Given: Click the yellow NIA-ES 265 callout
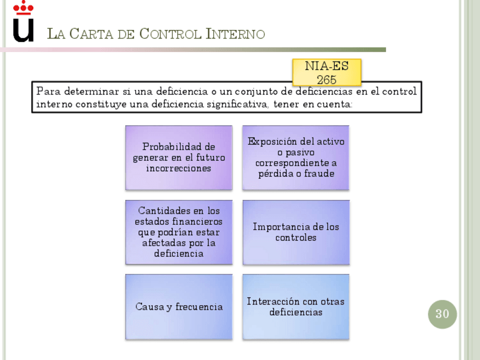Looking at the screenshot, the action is [x=327, y=72].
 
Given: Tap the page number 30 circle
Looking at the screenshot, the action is [x=442, y=314].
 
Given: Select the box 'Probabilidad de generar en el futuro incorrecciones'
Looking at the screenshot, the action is [x=179, y=157].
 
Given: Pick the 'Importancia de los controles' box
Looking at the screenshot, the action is [x=296, y=232].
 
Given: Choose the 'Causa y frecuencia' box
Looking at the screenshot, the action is [x=179, y=307].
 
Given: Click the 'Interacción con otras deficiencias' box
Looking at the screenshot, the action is [x=296, y=307].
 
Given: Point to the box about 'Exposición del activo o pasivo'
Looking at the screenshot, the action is [x=296, y=157].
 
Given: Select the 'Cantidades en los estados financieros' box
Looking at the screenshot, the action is [x=179, y=232].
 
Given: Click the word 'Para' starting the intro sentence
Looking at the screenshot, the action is [x=48, y=91].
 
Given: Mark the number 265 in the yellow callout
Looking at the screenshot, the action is [x=327, y=80].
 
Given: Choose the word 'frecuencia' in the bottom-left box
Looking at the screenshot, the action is [x=199, y=307].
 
